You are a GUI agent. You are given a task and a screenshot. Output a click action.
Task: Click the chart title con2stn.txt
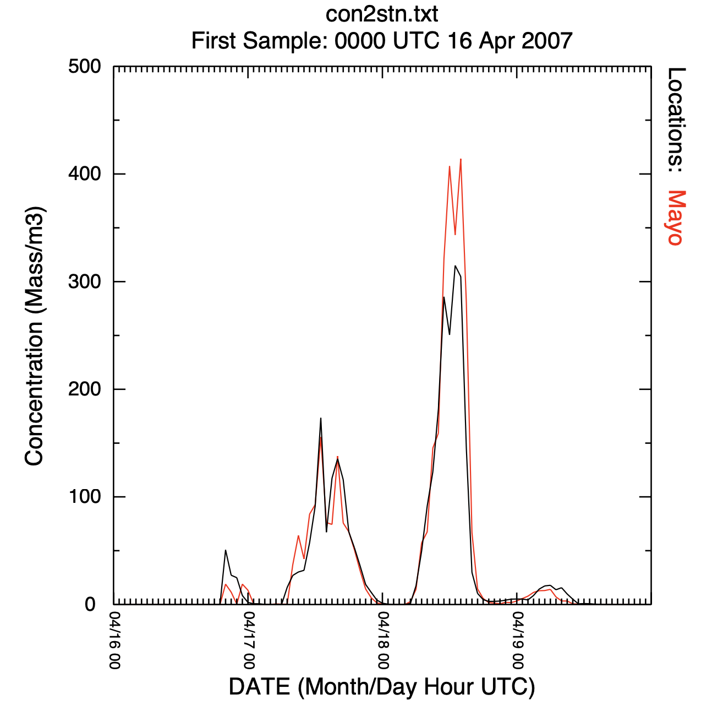click(382, 14)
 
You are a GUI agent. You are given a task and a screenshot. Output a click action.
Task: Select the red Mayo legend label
click(676, 218)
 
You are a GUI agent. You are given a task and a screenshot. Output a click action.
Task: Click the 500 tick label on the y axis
click(85, 67)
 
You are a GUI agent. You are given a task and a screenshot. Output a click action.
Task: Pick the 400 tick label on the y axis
click(85, 175)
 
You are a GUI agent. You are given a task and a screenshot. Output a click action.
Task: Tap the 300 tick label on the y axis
click(85, 282)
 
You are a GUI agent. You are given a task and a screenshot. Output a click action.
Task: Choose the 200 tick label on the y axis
click(85, 389)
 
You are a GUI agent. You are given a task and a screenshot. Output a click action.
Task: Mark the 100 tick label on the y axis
click(85, 497)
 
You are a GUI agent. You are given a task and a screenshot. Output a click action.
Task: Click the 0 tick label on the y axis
click(91, 605)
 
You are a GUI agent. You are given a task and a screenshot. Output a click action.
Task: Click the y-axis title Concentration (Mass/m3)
click(34, 336)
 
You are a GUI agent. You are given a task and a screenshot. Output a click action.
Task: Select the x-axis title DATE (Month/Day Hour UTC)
click(382, 687)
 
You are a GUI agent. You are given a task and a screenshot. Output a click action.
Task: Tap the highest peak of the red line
click(461, 159)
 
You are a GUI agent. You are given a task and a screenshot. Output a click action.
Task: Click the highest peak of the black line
click(455, 266)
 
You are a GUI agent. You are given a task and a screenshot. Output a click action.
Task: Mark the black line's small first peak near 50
click(226, 550)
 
